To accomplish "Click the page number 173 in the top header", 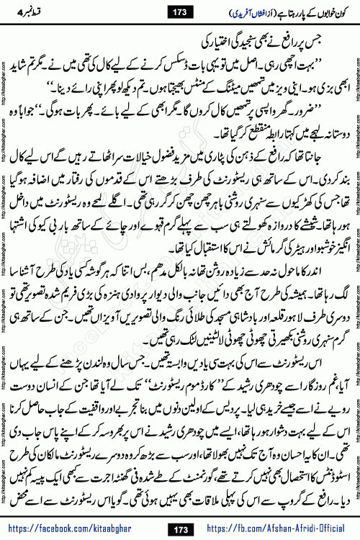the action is pos(179,11).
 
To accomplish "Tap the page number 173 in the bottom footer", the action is pos(179,529).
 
